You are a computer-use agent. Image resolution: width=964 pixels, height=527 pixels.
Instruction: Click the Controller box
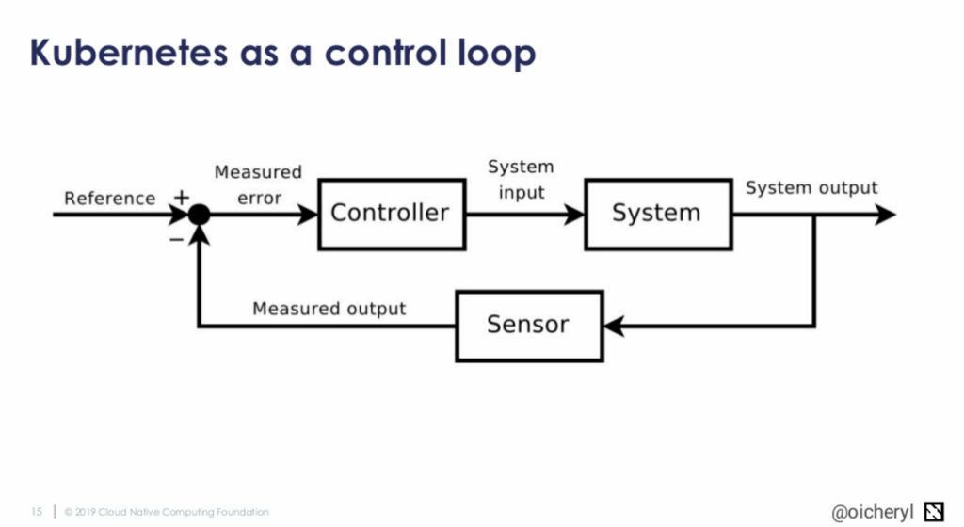(390, 214)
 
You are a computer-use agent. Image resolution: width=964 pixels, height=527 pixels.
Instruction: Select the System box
(657, 214)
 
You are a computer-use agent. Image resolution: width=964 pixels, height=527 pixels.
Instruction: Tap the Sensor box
(528, 326)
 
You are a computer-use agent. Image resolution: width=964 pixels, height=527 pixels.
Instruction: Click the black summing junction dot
(199, 216)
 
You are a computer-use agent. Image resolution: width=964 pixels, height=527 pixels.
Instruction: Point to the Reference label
(109, 199)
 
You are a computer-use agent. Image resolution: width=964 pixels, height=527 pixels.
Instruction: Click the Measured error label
(258, 185)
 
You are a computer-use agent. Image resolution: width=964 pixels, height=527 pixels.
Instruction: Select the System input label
(521, 180)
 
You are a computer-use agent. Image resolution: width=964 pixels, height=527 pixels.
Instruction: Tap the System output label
(811, 188)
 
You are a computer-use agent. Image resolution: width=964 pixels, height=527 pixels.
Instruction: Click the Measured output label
(329, 309)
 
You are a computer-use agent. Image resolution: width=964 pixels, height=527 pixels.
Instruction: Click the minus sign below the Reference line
(176, 240)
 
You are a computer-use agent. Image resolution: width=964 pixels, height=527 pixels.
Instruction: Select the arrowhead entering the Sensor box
(614, 327)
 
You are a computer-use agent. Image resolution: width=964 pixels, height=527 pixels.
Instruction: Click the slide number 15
(37, 512)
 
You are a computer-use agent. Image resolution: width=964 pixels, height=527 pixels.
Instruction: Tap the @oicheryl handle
(873, 511)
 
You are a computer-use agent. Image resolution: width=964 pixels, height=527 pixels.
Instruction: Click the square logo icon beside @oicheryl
(935, 510)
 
